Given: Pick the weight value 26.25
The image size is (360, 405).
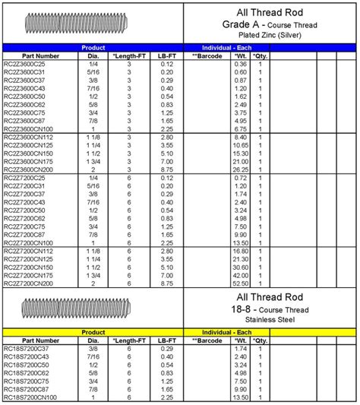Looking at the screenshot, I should click(x=240, y=169).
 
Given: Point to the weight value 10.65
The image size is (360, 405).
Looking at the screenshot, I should click(x=240, y=144).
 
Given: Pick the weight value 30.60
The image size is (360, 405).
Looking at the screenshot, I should click(x=240, y=267).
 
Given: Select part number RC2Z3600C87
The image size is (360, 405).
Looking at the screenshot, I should click(x=24, y=119).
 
